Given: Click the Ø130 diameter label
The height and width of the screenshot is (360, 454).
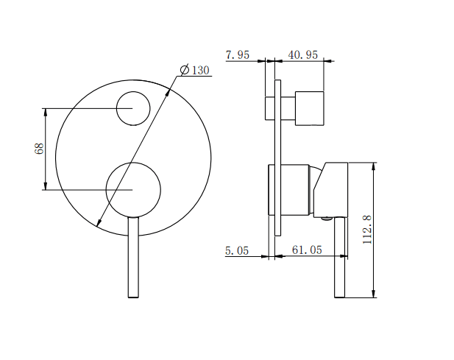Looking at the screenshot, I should coord(195,70).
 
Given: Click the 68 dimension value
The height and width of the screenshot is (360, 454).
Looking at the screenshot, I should coord(40,149).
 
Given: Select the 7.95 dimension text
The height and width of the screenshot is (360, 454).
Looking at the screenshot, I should coord(238,54).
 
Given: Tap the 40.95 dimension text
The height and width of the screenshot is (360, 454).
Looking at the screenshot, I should coord(303,54).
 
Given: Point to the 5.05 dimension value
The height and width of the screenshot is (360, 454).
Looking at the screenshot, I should coord(237,250).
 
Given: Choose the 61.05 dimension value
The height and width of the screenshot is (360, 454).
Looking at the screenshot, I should coord(307,250).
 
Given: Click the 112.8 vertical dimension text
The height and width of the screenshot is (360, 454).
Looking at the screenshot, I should coord(367,229).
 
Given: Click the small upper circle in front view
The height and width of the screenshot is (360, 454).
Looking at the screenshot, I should coord(133,109).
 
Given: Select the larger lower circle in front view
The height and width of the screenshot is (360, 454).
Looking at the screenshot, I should coord(133,189).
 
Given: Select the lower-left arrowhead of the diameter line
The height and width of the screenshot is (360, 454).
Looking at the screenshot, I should coord(99,222).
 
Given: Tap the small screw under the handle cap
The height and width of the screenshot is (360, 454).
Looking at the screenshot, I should coord(326,218).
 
